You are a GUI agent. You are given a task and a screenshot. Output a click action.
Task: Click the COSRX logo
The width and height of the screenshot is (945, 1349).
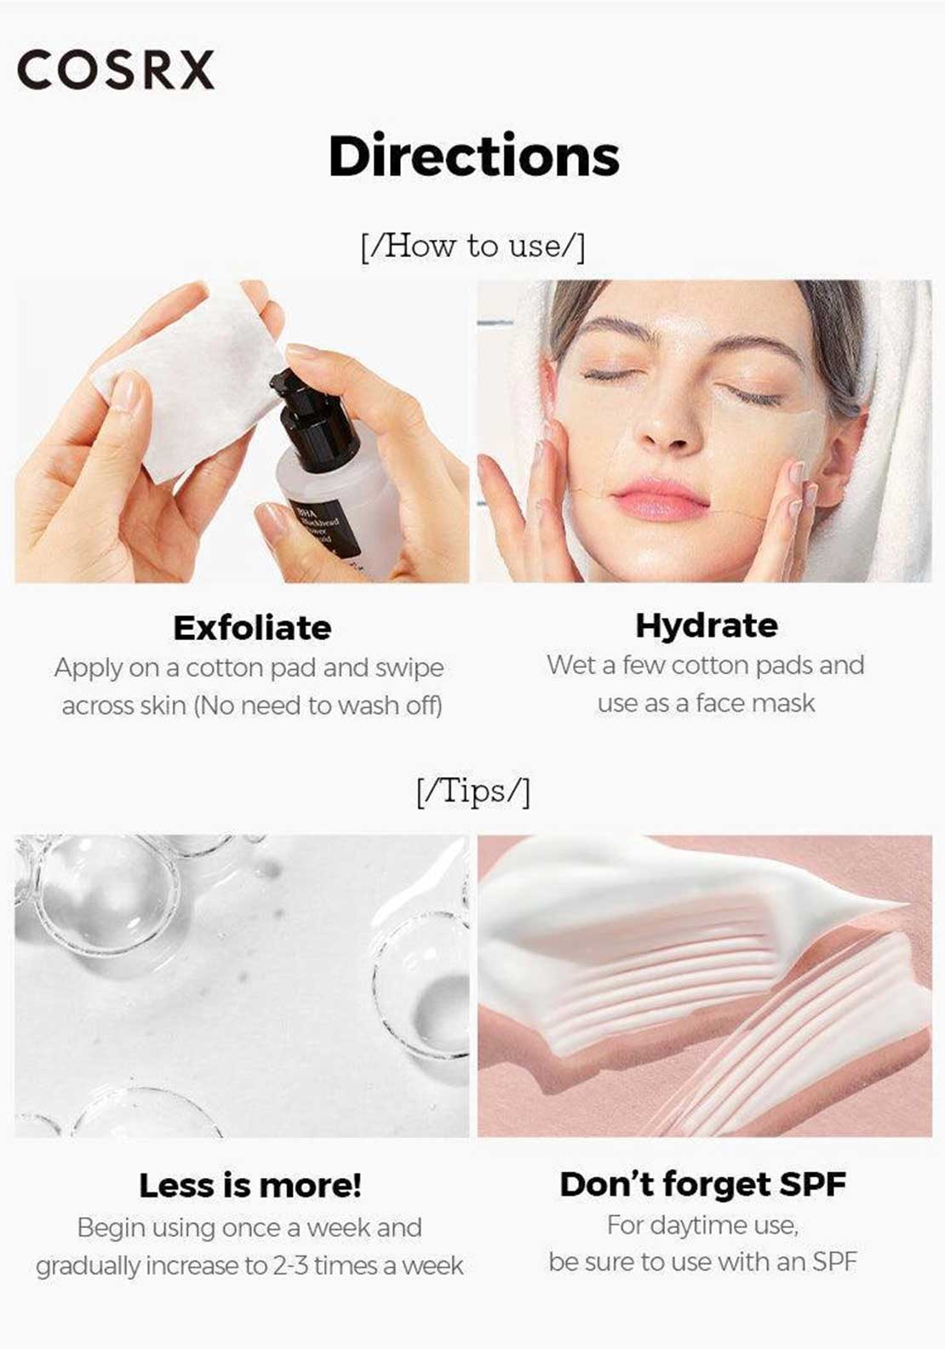pos(116,70)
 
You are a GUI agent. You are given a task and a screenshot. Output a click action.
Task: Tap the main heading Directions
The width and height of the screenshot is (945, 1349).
pos(474,156)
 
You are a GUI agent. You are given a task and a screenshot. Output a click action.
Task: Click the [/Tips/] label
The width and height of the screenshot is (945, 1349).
pos(473,792)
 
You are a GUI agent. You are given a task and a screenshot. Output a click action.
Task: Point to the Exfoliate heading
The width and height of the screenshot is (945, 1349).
pos(252,627)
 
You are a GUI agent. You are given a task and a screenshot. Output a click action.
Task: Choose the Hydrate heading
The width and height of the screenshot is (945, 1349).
pos(707,626)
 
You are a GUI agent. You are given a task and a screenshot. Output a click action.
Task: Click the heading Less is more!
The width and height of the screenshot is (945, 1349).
pos(250,1186)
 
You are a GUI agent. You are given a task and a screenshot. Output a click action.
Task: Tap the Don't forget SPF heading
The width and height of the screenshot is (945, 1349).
pos(703,1184)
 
